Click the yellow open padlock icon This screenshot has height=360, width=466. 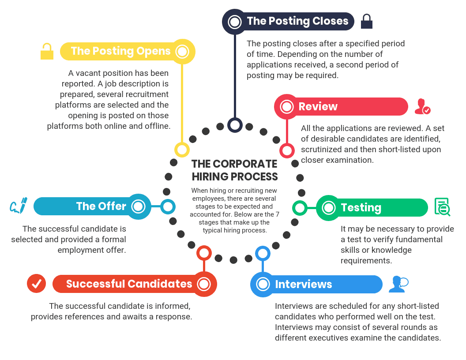click(x=47, y=51)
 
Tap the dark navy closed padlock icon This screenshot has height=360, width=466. click(x=367, y=21)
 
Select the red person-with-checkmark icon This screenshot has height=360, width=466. click(x=422, y=107)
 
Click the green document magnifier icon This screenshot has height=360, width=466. click(x=442, y=207)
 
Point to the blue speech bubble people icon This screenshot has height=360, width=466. click(x=398, y=284)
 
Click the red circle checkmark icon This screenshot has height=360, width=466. click(x=36, y=284)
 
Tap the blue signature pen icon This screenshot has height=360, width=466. click(x=19, y=206)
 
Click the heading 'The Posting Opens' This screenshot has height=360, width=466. click(x=120, y=51)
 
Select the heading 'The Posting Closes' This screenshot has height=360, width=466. click(x=297, y=21)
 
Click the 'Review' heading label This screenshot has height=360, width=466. click(x=318, y=107)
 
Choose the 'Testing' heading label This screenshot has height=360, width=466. click(x=361, y=207)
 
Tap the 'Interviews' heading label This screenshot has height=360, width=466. click(x=304, y=284)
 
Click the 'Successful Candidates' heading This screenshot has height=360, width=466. click(x=129, y=284)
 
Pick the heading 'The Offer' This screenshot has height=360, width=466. click(x=101, y=206)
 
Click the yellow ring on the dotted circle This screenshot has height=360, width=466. click(x=182, y=150)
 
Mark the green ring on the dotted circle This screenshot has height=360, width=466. click(x=300, y=207)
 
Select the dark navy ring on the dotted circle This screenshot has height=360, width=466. click(x=235, y=125)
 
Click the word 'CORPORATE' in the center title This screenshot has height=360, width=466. click(x=245, y=164)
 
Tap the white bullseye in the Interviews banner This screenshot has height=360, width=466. click(x=263, y=284)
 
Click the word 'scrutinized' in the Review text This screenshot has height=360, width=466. click(x=322, y=150)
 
